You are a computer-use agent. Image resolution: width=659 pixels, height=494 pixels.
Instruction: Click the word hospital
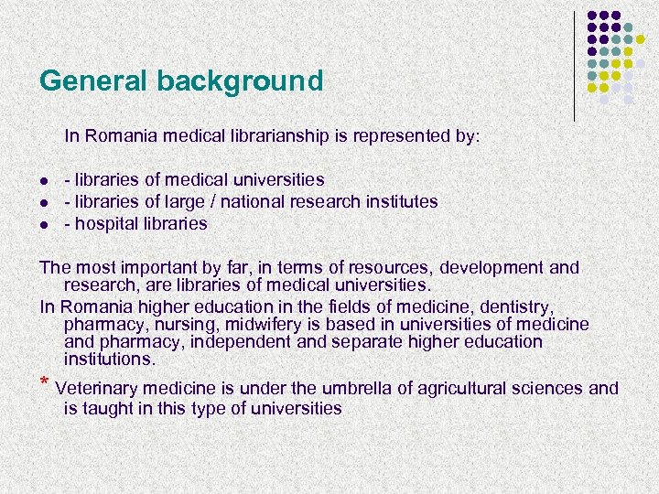click(103, 223)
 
